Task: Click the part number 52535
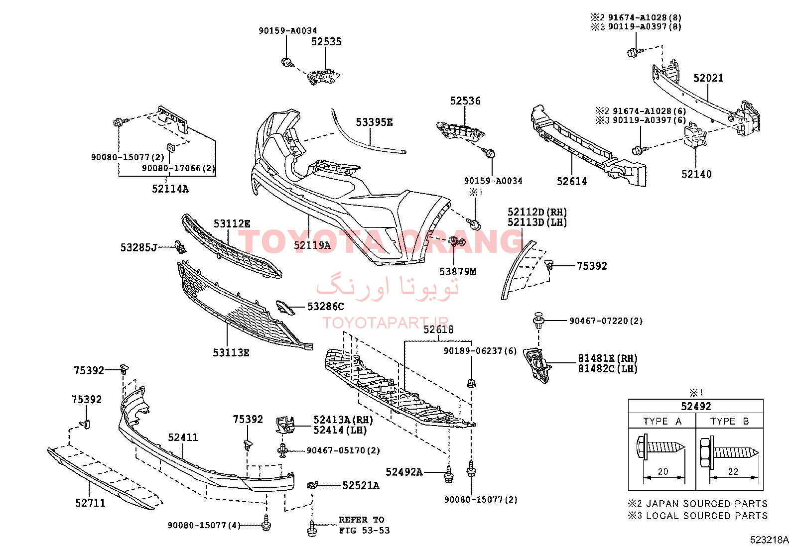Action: coord(326,42)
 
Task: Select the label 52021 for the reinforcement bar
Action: coord(708,78)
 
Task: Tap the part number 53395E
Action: coord(374,122)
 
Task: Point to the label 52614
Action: coord(572,182)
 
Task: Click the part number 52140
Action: coord(696,174)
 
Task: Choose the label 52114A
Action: coord(170,189)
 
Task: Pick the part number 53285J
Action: coord(138,248)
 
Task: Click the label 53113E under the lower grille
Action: coord(231,353)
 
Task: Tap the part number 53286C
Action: coord(325,307)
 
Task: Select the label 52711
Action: coord(90,503)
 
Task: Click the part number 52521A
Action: coord(361,486)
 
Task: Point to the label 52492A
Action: coord(404,472)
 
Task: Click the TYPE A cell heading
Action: coord(662,421)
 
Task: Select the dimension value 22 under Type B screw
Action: coord(733,472)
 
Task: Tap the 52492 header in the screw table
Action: coord(696,406)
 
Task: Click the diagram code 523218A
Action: coord(769,540)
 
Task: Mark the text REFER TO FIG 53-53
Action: coord(364,525)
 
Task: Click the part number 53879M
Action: coord(458,272)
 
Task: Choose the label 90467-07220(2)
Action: coord(606,321)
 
